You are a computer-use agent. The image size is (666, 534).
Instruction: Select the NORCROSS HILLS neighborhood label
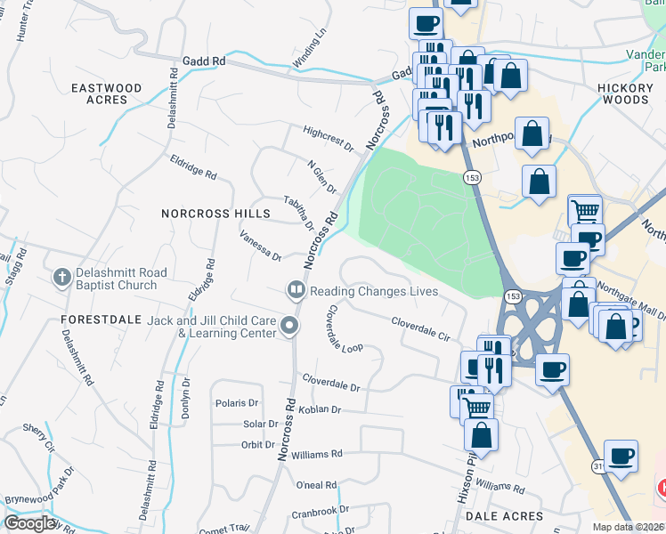coord(215,214)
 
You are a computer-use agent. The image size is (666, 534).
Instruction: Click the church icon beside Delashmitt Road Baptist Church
coord(61,278)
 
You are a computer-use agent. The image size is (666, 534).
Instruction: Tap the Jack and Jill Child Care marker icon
coord(288,327)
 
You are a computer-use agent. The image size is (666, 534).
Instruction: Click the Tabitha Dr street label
coord(299,213)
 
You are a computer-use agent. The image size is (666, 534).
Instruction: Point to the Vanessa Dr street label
coord(261,245)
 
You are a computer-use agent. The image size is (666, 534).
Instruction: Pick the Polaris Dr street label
coord(236,403)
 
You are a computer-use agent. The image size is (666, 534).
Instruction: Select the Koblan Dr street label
coord(322,409)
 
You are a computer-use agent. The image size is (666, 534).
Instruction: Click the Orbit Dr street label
coord(258,445)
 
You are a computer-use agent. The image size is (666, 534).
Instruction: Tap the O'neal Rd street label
coord(316,485)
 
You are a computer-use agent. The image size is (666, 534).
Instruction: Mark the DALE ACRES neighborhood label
coord(510,516)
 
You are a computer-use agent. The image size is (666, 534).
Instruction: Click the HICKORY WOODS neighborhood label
coord(637,94)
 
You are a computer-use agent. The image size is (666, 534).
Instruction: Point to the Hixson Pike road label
coord(464,480)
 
